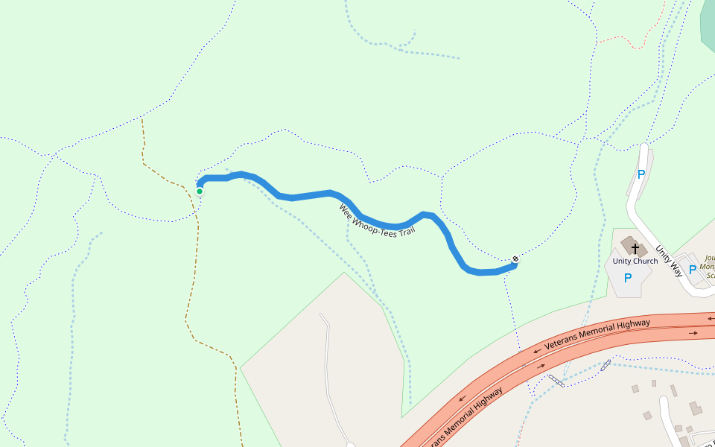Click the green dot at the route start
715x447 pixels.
[x=200, y=191]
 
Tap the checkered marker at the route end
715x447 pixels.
[x=515, y=259]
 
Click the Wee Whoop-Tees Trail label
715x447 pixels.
[x=376, y=221]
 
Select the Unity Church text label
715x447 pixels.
[x=635, y=261]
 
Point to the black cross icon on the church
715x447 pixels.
[x=635, y=247]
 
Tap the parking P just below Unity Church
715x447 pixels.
[x=627, y=278]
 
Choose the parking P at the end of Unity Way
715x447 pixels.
[x=641, y=175]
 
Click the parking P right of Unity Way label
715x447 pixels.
[x=693, y=270]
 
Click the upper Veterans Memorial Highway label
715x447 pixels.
[x=597, y=334]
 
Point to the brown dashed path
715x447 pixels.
[x=192, y=298]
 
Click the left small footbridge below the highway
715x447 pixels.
[x=556, y=381]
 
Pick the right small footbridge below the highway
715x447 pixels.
[x=606, y=364]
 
